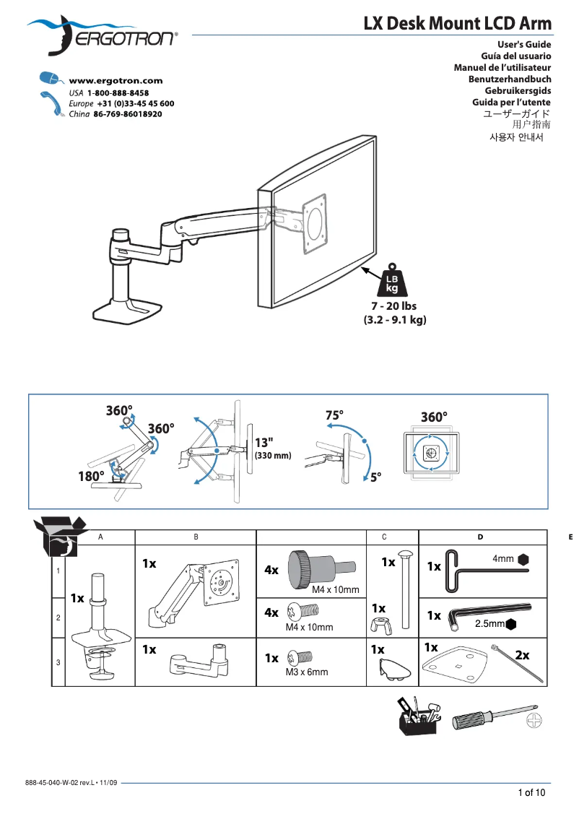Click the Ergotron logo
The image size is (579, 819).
(101, 36)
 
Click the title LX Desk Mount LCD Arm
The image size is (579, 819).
(457, 25)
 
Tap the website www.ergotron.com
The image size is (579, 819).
(116, 81)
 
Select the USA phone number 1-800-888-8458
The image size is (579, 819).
(118, 94)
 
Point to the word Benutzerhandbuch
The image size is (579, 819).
(510, 79)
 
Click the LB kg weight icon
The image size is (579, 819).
(391, 281)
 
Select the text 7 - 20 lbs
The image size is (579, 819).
(394, 306)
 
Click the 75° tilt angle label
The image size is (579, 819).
(334, 415)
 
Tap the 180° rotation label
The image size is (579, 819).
(92, 476)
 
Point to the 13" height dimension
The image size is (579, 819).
(264, 443)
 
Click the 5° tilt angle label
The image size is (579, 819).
(376, 477)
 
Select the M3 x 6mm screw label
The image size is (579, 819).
(306, 672)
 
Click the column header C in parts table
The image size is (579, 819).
(385, 537)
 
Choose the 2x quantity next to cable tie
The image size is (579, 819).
(522, 655)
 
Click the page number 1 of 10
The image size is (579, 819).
(531, 792)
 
